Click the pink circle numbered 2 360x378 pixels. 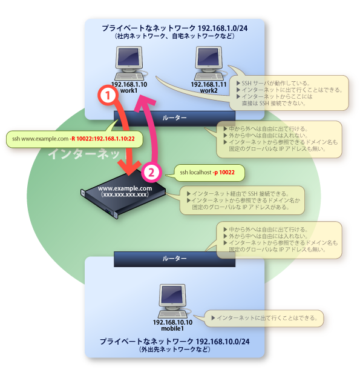click(x=152, y=172)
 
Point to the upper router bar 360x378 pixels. click(x=174, y=117)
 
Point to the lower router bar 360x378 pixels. click(x=174, y=258)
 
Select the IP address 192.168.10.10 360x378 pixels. click(x=172, y=322)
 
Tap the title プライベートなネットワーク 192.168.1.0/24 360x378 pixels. click(x=175, y=28)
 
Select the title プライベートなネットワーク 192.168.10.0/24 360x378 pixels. click(x=175, y=342)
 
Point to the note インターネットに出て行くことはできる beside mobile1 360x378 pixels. click(x=266, y=317)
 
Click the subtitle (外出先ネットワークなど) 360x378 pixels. click(x=175, y=351)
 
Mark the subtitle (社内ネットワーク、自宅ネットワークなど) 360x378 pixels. click(x=175, y=36)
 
